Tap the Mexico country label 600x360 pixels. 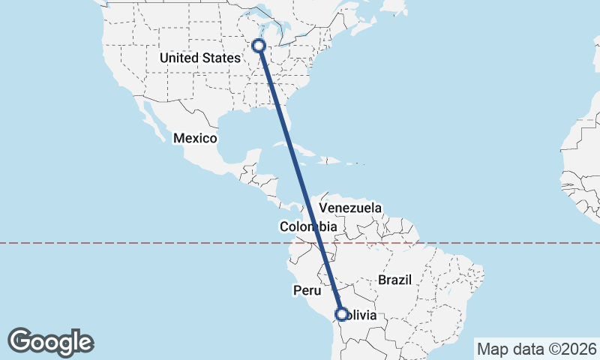pos(195,139)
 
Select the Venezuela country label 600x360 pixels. pos(350,208)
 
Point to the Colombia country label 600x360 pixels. pos(307,226)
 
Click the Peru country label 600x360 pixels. pos(307,289)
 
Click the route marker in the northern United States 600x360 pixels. pos(259,46)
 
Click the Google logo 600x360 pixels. pos(51,341)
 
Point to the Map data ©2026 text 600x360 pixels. pos(537,349)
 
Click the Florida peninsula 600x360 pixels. pos(290,120)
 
